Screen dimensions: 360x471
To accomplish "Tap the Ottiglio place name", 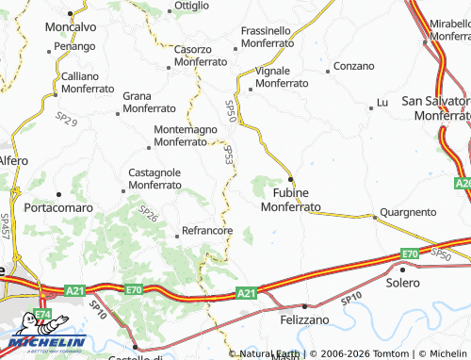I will click(192, 5).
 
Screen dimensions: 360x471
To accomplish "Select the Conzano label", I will click(354, 67).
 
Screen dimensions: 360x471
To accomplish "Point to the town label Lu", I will click(382, 102).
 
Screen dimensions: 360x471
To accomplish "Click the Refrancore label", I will click(207, 231).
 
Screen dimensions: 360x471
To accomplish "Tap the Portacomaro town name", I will click(60, 207).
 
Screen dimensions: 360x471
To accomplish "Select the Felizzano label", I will click(303, 320).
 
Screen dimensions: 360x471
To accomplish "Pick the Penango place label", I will click(74, 45).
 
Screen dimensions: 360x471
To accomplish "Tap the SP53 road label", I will click(229, 155).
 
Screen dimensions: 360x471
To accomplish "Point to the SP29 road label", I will click(66, 119).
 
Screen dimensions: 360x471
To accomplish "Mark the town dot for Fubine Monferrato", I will click(291, 179).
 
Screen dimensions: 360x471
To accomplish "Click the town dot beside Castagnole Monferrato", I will click(123, 189).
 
